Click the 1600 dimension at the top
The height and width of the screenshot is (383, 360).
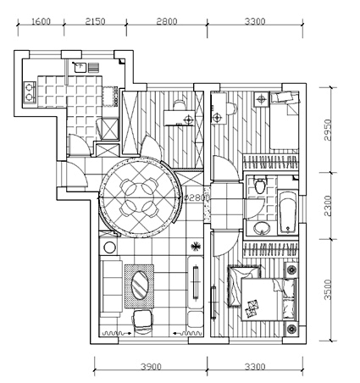41,21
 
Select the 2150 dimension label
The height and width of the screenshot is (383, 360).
95,21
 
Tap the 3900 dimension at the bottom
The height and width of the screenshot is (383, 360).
152,367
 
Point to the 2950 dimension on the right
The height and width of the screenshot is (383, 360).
328,130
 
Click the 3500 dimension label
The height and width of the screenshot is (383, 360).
328,290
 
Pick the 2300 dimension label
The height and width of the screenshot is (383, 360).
328,206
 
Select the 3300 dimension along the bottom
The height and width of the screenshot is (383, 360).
255,367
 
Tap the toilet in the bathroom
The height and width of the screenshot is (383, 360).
260,185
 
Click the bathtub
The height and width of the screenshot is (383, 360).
288,214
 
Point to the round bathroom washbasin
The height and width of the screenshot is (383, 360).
262,228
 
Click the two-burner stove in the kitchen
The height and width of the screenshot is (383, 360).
30,92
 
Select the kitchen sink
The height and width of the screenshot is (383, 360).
80,67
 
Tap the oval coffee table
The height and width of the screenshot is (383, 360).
140,285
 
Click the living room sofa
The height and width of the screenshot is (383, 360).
112,286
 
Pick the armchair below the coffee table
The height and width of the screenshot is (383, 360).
143,321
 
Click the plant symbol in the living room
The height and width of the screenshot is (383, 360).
195,247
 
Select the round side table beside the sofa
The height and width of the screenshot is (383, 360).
109,247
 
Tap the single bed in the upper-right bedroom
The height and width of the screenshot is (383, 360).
285,121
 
